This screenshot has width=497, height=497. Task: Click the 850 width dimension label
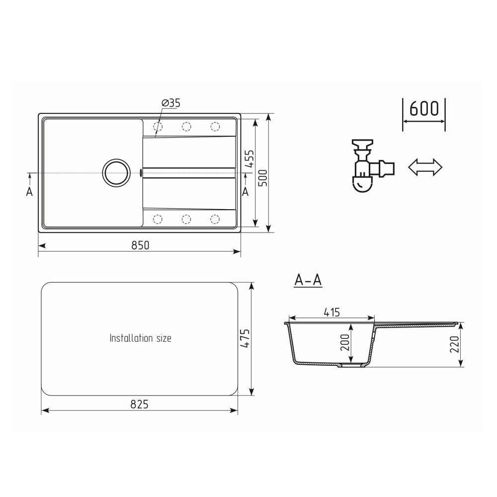140,246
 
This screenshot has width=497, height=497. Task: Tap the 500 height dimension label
263,178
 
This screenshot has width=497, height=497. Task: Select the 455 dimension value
250,159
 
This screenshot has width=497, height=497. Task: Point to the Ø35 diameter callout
171,103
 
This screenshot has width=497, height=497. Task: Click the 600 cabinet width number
424,108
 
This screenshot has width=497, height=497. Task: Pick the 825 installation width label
140,405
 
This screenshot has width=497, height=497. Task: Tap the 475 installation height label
245,338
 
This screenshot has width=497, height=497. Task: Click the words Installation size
141,338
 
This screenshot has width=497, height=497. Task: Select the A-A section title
308,280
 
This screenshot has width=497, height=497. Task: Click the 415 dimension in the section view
332,313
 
